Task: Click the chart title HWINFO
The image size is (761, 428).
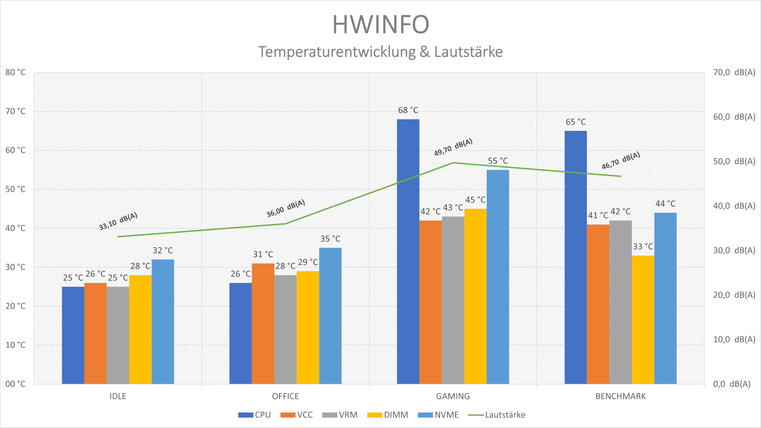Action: (x=380, y=25)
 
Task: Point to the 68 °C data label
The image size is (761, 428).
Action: (x=408, y=110)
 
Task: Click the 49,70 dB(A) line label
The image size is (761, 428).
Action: (x=453, y=147)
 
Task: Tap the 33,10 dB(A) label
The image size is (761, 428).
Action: (x=118, y=221)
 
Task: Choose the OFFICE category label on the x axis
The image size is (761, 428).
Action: (x=285, y=396)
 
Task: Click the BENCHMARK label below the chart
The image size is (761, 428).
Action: (x=620, y=396)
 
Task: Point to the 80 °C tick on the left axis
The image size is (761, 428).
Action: (x=15, y=73)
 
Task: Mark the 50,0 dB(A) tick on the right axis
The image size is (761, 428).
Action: (x=734, y=161)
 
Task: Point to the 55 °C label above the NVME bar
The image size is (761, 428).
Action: (x=497, y=161)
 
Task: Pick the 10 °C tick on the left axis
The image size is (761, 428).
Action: (x=15, y=345)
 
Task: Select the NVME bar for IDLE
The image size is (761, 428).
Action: (x=163, y=321)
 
